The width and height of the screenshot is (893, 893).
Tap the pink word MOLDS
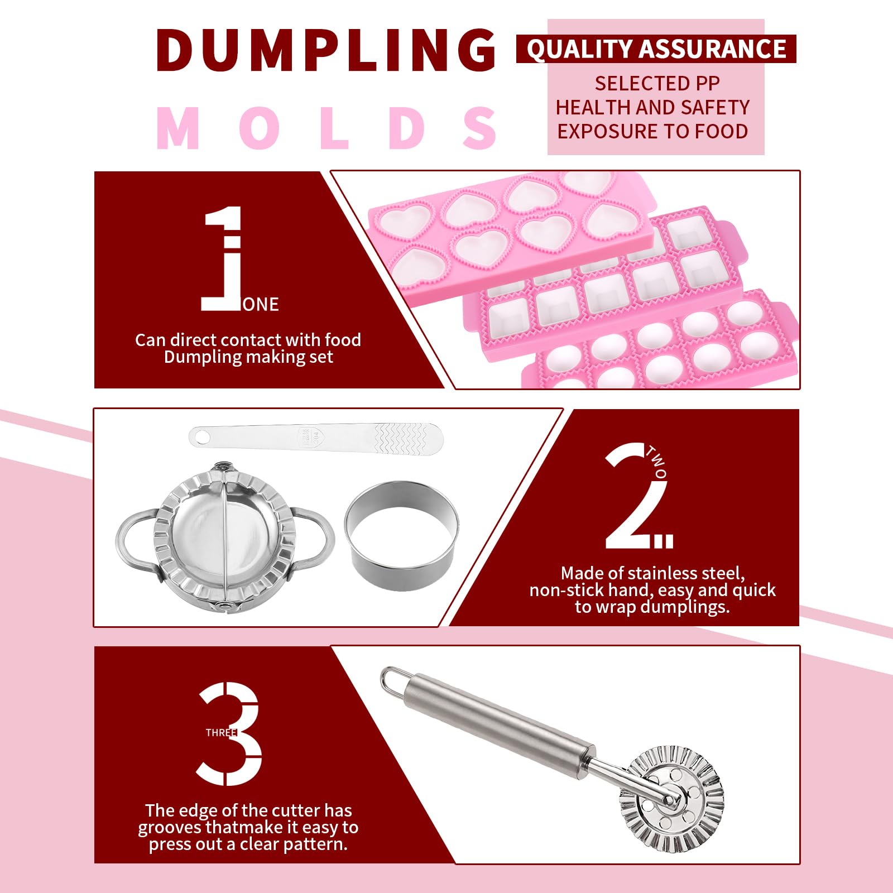click(327, 128)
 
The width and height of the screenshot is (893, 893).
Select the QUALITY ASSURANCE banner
click(656, 49)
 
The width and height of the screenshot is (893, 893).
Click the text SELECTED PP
click(657, 84)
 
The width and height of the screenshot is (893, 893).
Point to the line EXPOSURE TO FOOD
click(652, 132)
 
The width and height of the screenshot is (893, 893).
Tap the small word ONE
click(261, 305)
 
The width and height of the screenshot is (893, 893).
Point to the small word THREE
click(221, 733)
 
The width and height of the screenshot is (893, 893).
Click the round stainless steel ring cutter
click(402, 536)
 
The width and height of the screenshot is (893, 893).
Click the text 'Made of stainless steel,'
click(652, 573)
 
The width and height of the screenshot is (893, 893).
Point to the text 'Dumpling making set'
click(248, 357)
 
